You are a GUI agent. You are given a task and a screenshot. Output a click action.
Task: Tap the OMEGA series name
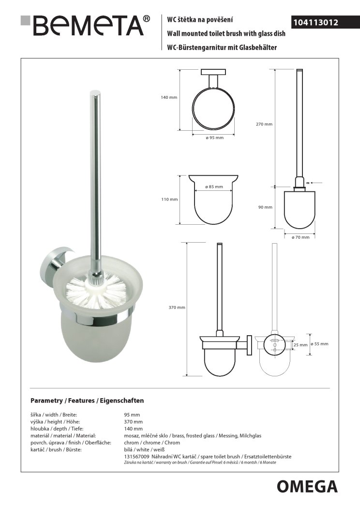point(307,486)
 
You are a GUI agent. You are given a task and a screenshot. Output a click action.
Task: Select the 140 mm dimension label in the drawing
point(169,97)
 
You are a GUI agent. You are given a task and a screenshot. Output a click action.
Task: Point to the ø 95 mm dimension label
point(214,138)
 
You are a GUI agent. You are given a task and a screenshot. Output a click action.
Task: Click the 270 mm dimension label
point(264,124)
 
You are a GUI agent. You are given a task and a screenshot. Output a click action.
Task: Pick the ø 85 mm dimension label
point(214,187)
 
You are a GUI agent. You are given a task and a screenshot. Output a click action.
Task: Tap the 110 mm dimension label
point(170,200)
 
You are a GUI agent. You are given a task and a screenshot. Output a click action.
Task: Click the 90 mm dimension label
point(265,207)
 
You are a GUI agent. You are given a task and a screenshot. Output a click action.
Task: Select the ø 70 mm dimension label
point(300,237)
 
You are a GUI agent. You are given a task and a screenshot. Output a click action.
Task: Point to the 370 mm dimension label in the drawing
point(177,308)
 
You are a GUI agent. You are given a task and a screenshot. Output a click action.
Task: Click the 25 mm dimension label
point(300,345)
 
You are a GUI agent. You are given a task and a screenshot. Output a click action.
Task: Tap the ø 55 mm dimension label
point(320,344)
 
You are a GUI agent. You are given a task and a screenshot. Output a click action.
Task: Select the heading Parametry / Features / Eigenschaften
point(87,401)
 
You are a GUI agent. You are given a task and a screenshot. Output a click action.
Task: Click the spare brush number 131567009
point(136,457)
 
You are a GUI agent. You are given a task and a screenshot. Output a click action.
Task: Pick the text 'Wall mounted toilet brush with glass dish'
point(226,33)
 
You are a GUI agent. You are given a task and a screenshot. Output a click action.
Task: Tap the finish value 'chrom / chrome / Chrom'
point(152,443)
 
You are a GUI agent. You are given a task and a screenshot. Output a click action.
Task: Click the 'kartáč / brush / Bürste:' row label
point(56,450)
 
